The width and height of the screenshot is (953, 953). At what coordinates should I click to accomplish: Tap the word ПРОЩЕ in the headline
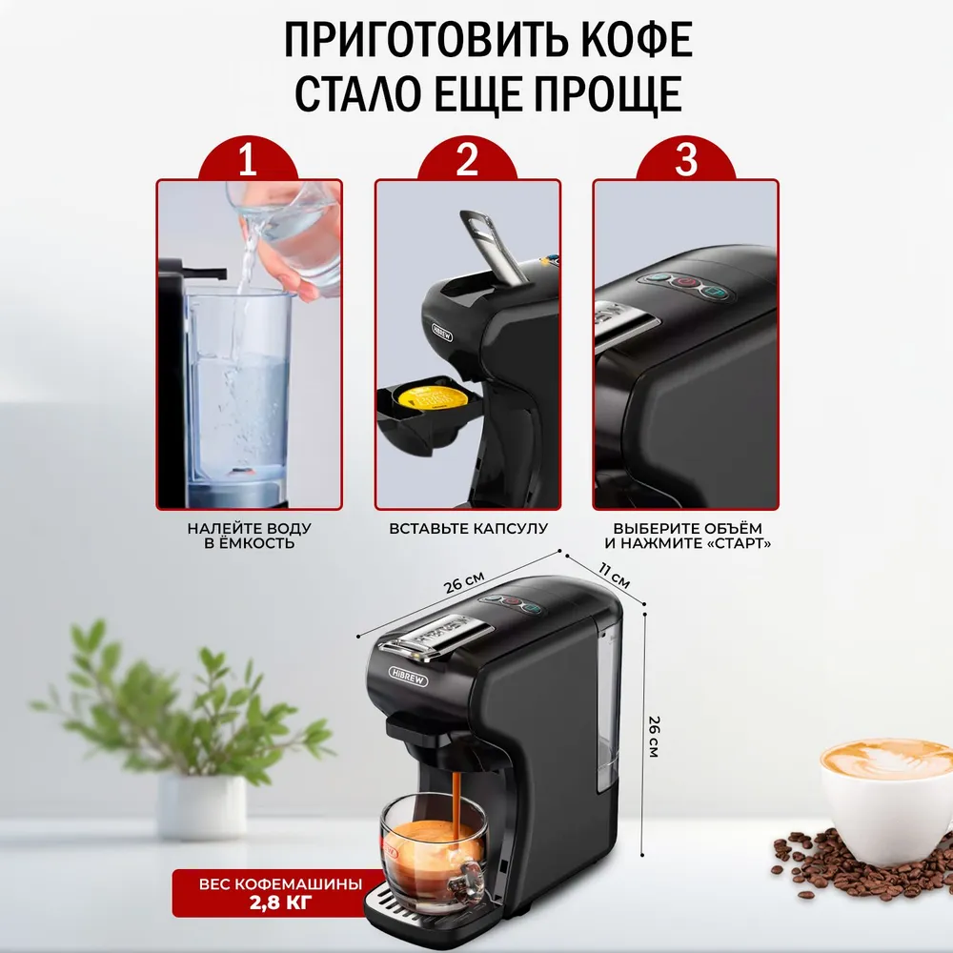[609, 94]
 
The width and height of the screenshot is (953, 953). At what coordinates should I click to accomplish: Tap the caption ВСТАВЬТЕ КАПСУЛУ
[468, 529]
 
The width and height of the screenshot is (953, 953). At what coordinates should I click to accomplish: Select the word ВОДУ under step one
[284, 529]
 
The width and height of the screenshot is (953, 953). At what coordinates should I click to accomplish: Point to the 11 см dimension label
[614, 576]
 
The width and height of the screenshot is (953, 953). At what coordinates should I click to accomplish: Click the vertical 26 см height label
[654, 736]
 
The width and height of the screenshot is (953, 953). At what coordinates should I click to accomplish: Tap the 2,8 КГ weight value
[280, 902]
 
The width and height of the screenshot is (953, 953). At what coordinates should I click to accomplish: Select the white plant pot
[202, 806]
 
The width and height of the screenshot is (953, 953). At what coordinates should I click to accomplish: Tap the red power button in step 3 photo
[686, 282]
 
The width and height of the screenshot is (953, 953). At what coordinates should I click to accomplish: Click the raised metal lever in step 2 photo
[492, 245]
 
